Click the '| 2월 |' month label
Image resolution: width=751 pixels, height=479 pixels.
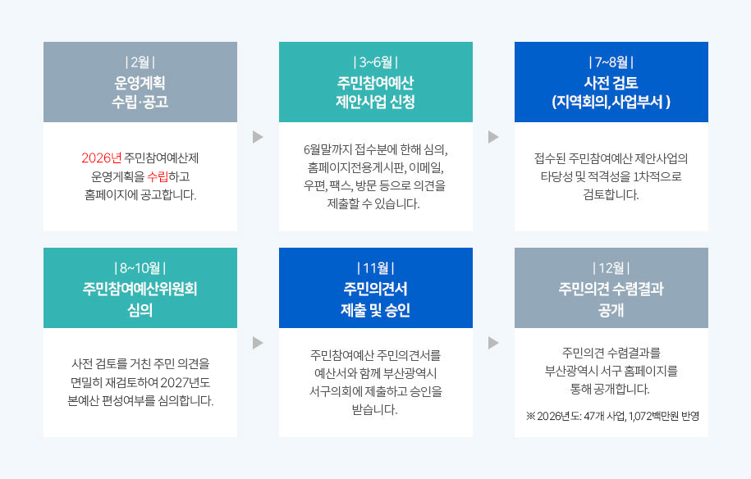tap(140, 62)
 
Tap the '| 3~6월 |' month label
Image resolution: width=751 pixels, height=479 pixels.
tap(375, 62)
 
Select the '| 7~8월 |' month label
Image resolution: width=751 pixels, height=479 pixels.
tap(611, 62)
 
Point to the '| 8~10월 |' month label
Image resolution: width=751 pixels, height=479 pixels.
tap(140, 268)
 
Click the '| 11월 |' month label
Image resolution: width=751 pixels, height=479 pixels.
tap(375, 268)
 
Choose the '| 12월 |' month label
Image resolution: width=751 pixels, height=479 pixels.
tap(611, 268)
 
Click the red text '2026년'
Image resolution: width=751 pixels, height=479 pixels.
tap(99, 158)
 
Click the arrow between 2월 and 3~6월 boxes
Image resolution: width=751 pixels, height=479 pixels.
tap(258, 136)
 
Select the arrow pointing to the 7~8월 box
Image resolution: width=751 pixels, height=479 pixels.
tap(493, 136)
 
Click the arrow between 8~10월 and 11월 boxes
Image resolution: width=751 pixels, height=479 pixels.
tap(258, 342)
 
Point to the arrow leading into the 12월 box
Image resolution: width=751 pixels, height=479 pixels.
tap(493, 342)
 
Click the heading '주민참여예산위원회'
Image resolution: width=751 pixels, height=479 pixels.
tap(140, 289)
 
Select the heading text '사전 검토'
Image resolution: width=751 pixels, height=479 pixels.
tap(611, 83)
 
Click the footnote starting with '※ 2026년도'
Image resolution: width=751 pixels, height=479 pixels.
tap(611, 416)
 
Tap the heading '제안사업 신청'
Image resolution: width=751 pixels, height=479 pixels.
tap(375, 103)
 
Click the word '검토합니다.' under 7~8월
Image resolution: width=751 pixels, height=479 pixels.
tap(611, 194)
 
